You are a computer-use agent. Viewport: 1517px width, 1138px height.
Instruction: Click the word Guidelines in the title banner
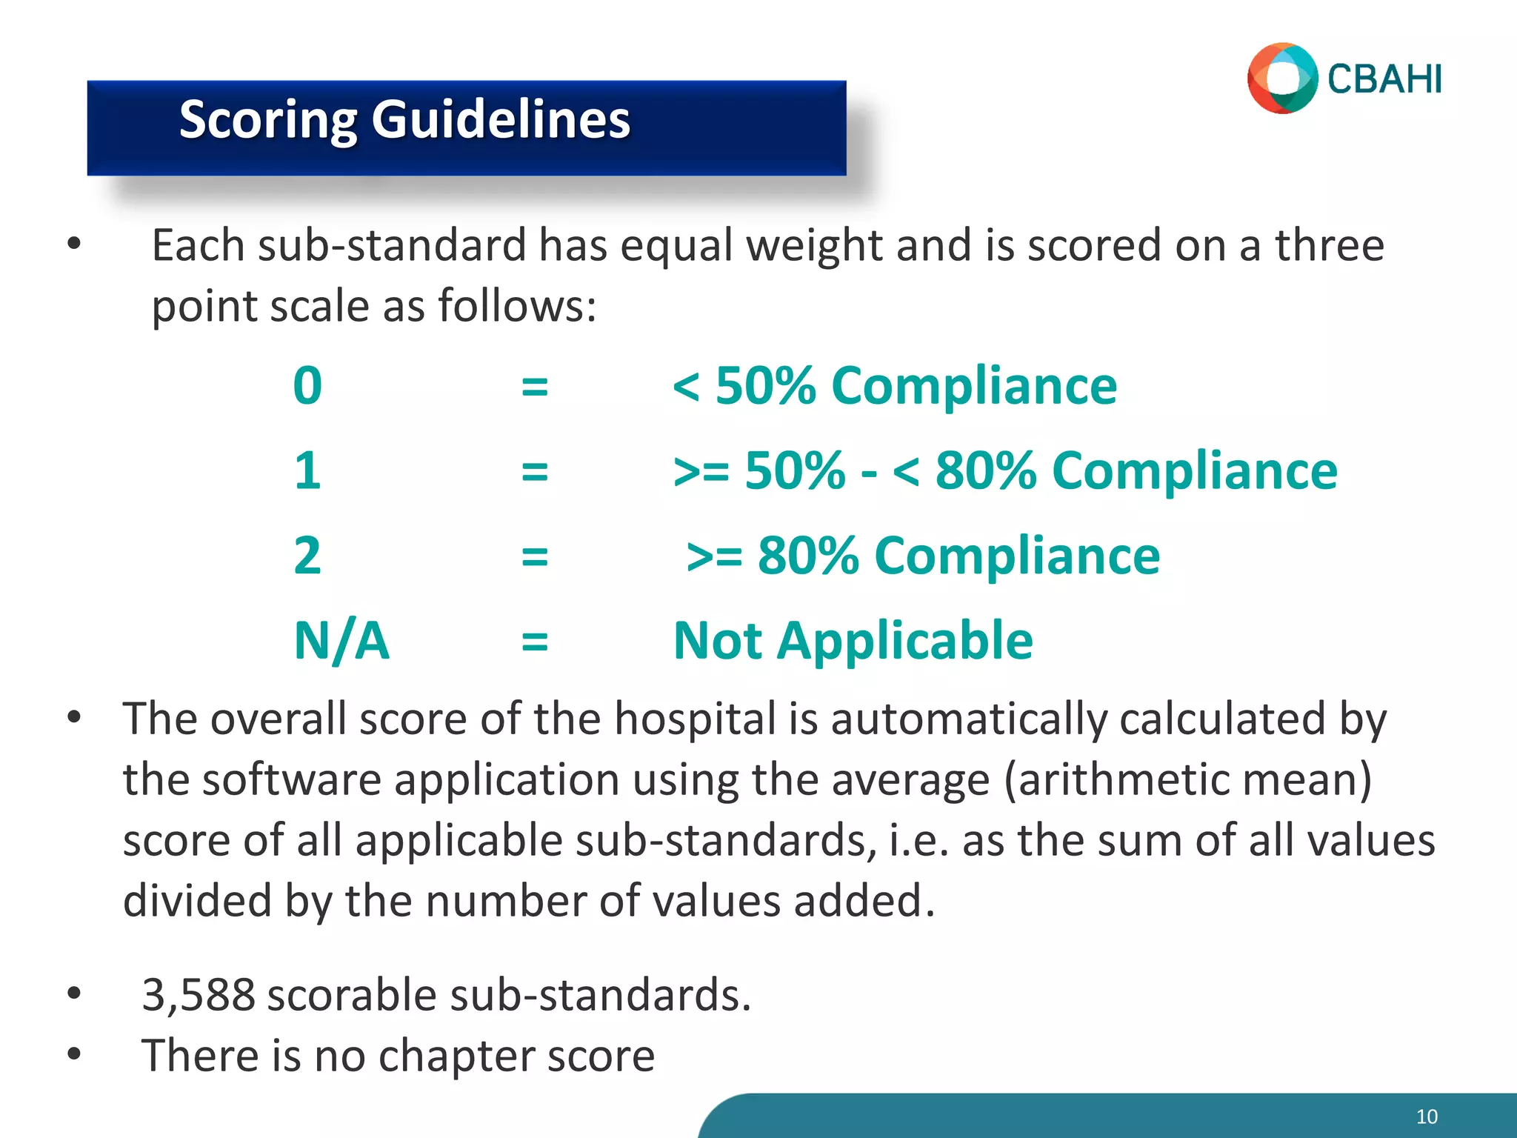pos(501,119)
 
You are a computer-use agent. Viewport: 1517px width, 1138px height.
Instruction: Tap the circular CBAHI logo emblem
pos(1282,79)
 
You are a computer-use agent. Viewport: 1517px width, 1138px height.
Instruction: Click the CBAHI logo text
pos(1384,80)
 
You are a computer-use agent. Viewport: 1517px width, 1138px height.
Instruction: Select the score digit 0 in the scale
pos(307,386)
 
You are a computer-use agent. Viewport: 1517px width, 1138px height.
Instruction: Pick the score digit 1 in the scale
pos(307,471)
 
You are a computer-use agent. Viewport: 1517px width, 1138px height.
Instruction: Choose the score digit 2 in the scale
pos(307,556)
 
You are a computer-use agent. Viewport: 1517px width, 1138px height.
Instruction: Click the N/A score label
pos(341,641)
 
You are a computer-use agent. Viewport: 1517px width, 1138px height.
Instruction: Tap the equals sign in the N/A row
pos(534,642)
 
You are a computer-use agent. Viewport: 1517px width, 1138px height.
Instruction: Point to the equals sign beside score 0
pos(534,387)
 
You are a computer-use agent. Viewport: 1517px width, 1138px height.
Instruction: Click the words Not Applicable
pos(853,641)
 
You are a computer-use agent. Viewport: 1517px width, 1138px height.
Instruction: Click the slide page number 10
pos(1427,1117)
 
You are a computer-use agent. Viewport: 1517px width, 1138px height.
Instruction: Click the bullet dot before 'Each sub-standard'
pos(73,243)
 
